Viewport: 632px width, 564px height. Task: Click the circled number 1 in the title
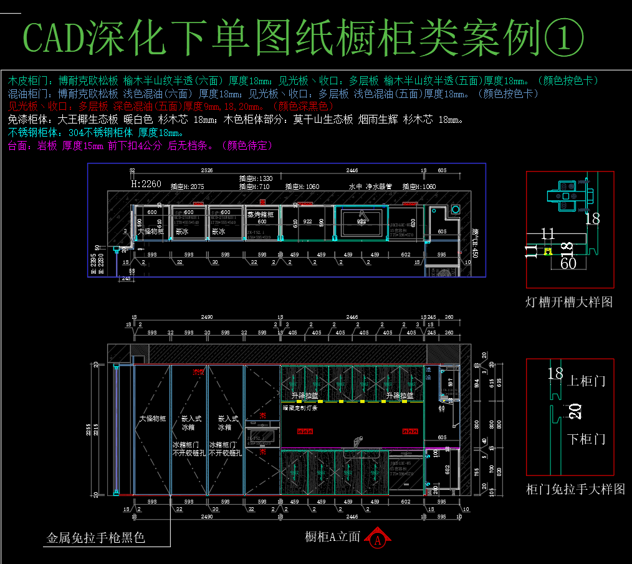coord(564,38)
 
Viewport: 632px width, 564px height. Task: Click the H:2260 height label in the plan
coord(146,185)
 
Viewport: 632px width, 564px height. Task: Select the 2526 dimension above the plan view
coord(206,170)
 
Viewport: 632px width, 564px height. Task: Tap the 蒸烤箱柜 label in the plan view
coord(261,214)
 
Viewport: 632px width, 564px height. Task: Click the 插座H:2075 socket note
coord(187,186)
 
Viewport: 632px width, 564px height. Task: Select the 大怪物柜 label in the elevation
coord(152,419)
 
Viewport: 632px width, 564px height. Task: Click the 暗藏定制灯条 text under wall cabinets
coord(300,408)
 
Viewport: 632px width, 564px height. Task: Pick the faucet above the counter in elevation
coord(357,440)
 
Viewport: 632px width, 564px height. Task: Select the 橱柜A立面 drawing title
coord(333,537)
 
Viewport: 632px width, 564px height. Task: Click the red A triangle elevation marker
coord(378,538)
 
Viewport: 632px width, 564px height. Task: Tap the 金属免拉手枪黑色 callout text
coord(96,537)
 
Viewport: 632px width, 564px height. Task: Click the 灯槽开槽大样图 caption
coord(569,302)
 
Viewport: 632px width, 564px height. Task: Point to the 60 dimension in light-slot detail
coord(568,263)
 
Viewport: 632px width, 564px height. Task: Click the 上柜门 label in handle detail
coord(587,381)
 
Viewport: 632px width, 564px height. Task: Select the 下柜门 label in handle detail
coord(587,439)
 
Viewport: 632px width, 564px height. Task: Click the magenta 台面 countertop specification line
coord(140,145)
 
